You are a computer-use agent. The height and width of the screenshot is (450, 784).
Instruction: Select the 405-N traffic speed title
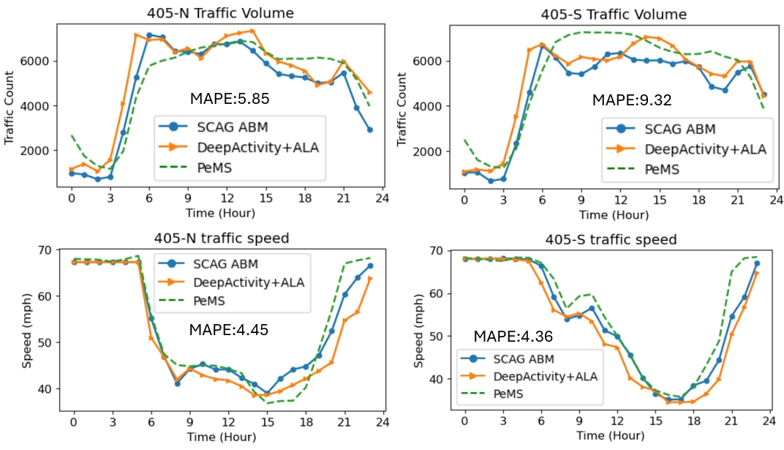click(x=222, y=238)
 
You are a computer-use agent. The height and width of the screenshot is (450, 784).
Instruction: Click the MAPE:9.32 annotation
click(x=632, y=100)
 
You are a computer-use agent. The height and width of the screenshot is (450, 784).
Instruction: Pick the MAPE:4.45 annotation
click(x=229, y=330)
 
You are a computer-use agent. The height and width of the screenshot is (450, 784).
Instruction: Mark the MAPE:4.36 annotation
click(x=513, y=337)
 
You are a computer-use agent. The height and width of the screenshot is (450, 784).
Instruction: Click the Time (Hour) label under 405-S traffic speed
click(x=613, y=436)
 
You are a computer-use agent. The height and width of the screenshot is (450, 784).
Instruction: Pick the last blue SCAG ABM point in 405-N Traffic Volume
click(x=369, y=130)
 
